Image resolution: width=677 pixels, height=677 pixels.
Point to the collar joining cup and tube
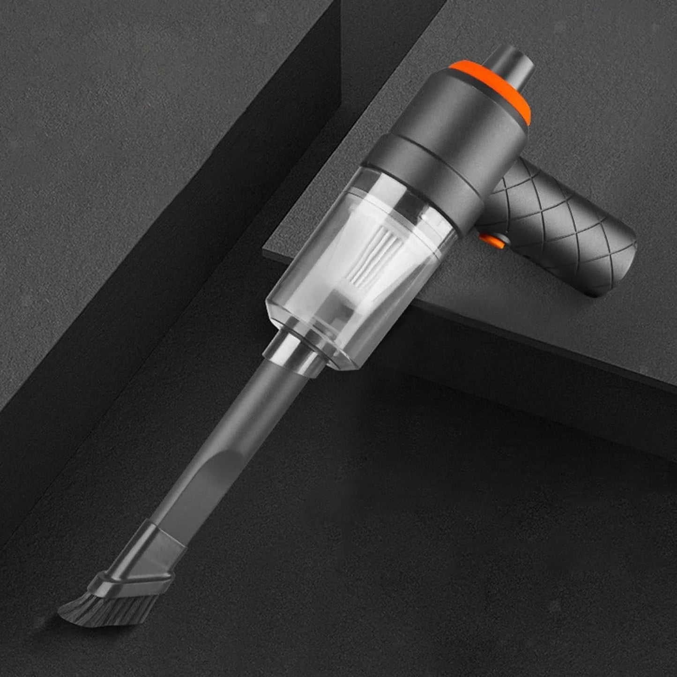click(x=290, y=349)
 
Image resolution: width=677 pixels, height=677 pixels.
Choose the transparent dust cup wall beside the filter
click(x=305, y=281)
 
